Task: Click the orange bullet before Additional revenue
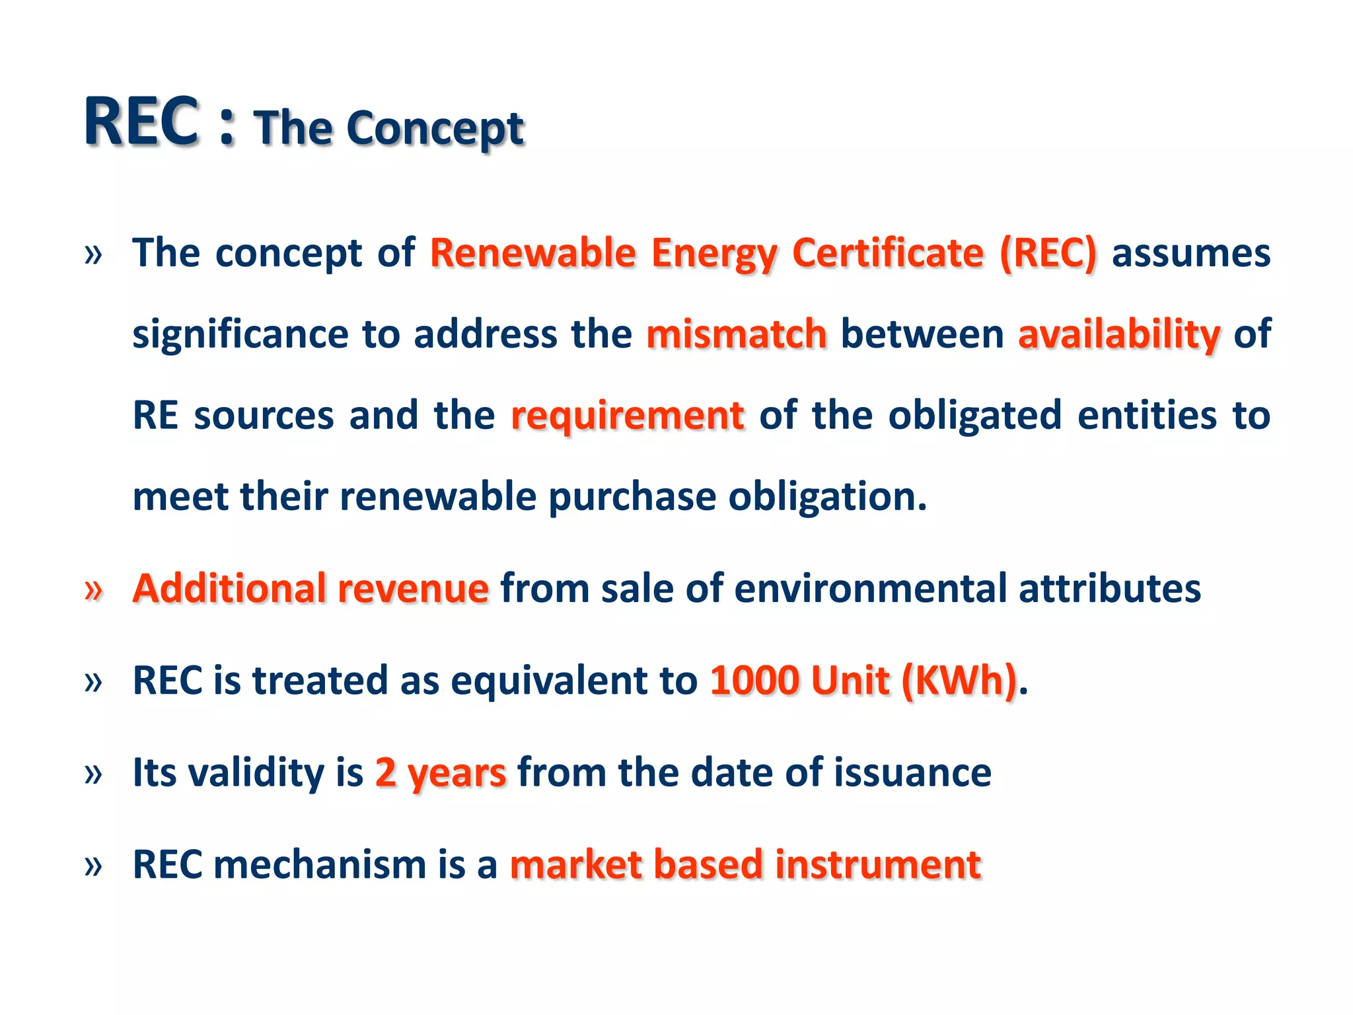(x=94, y=589)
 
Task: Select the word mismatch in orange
(x=736, y=334)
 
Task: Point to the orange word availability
(x=1119, y=334)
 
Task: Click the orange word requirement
(x=628, y=416)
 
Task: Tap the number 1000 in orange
(x=754, y=681)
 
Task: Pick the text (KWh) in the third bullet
(x=959, y=681)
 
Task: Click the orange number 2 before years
(x=386, y=772)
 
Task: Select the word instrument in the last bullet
(x=878, y=864)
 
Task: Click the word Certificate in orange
(x=888, y=253)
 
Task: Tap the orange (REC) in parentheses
(x=1048, y=253)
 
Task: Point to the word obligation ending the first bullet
(x=827, y=497)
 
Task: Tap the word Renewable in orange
(x=532, y=253)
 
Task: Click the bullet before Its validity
(x=94, y=773)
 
